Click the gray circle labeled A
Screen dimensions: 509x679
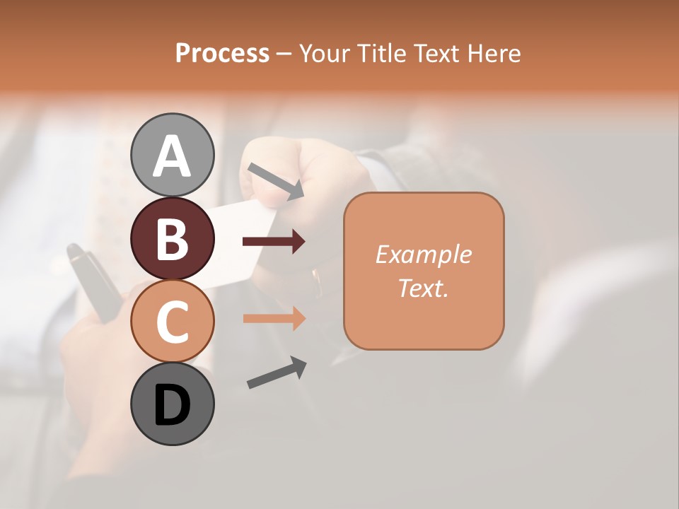(173, 155)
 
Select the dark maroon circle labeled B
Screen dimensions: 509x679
(173, 238)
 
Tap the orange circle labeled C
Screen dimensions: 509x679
(173, 321)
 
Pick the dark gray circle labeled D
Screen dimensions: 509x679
(173, 404)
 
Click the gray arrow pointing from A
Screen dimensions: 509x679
(276, 180)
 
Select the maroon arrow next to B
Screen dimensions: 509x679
(274, 242)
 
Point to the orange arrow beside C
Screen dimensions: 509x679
(274, 319)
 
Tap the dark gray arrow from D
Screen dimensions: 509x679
(277, 373)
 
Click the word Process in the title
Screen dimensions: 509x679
(222, 53)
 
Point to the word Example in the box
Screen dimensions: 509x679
(423, 255)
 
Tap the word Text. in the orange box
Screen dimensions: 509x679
(423, 288)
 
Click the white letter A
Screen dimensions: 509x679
(173, 156)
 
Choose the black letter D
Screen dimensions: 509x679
(173, 405)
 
